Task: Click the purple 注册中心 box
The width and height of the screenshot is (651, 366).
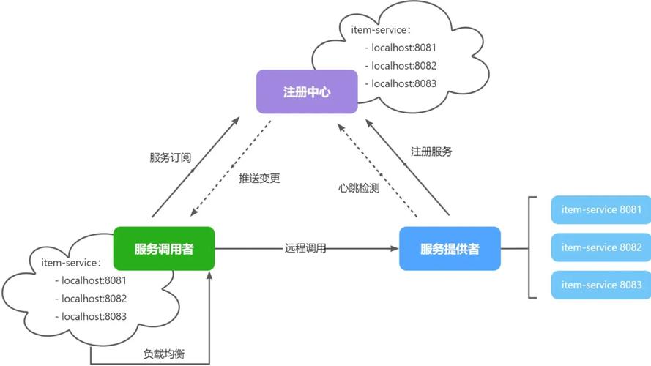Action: pyautogui.click(x=307, y=92)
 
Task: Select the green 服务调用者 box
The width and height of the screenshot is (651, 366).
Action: pyautogui.click(x=164, y=249)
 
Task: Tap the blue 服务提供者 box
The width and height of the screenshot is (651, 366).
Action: pyautogui.click(x=450, y=249)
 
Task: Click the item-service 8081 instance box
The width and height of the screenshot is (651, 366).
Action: pyautogui.click(x=600, y=210)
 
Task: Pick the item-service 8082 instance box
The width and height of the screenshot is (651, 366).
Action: pyautogui.click(x=600, y=247)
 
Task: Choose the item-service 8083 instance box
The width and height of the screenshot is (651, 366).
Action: pyautogui.click(x=600, y=285)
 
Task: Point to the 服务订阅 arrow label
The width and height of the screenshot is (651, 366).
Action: pyautogui.click(x=171, y=157)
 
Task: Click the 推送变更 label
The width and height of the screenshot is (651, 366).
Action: pyautogui.click(x=259, y=178)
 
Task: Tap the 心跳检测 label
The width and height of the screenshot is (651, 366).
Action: pyautogui.click(x=359, y=187)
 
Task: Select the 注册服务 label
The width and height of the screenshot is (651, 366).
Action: pyautogui.click(x=431, y=152)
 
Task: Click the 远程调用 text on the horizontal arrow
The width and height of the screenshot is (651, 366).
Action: pyautogui.click(x=305, y=249)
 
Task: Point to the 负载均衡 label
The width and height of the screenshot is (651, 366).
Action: pyautogui.click(x=164, y=354)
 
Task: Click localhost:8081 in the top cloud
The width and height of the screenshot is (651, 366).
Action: pyautogui.click(x=403, y=48)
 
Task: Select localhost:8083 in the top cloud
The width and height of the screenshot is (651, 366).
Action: pyautogui.click(x=403, y=83)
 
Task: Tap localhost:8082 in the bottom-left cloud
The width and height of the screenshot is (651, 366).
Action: pyautogui.click(x=94, y=299)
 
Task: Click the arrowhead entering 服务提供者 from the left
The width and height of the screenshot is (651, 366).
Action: pyautogui.click(x=395, y=249)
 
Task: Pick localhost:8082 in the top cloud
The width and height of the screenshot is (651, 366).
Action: pyautogui.click(x=403, y=65)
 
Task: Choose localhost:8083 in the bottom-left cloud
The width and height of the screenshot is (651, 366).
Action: pyautogui.click(x=94, y=317)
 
